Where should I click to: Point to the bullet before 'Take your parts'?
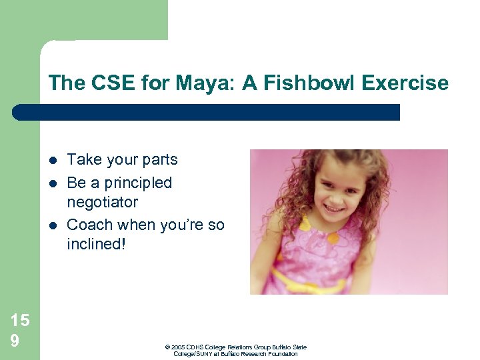(x=52, y=160)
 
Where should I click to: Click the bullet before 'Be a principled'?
(x=52, y=183)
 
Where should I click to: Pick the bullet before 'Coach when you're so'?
(x=52, y=225)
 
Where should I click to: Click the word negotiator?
(x=102, y=202)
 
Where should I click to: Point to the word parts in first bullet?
(x=159, y=160)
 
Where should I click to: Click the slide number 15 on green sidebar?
(x=19, y=321)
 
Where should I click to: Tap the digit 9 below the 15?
(x=15, y=340)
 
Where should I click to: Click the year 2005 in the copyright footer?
(x=179, y=347)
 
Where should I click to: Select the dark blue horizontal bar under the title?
(x=206, y=112)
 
